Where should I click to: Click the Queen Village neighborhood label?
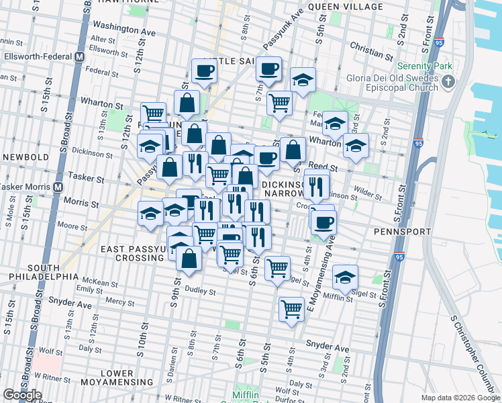click(x=346, y=7)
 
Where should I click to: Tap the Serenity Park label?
click(x=425, y=66)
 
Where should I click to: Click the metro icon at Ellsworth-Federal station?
click(x=79, y=56)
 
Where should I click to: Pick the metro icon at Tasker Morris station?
click(x=58, y=187)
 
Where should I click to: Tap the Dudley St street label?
click(x=201, y=292)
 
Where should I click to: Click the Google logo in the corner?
click(x=21, y=394)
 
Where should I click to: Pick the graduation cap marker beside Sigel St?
click(x=345, y=277)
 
